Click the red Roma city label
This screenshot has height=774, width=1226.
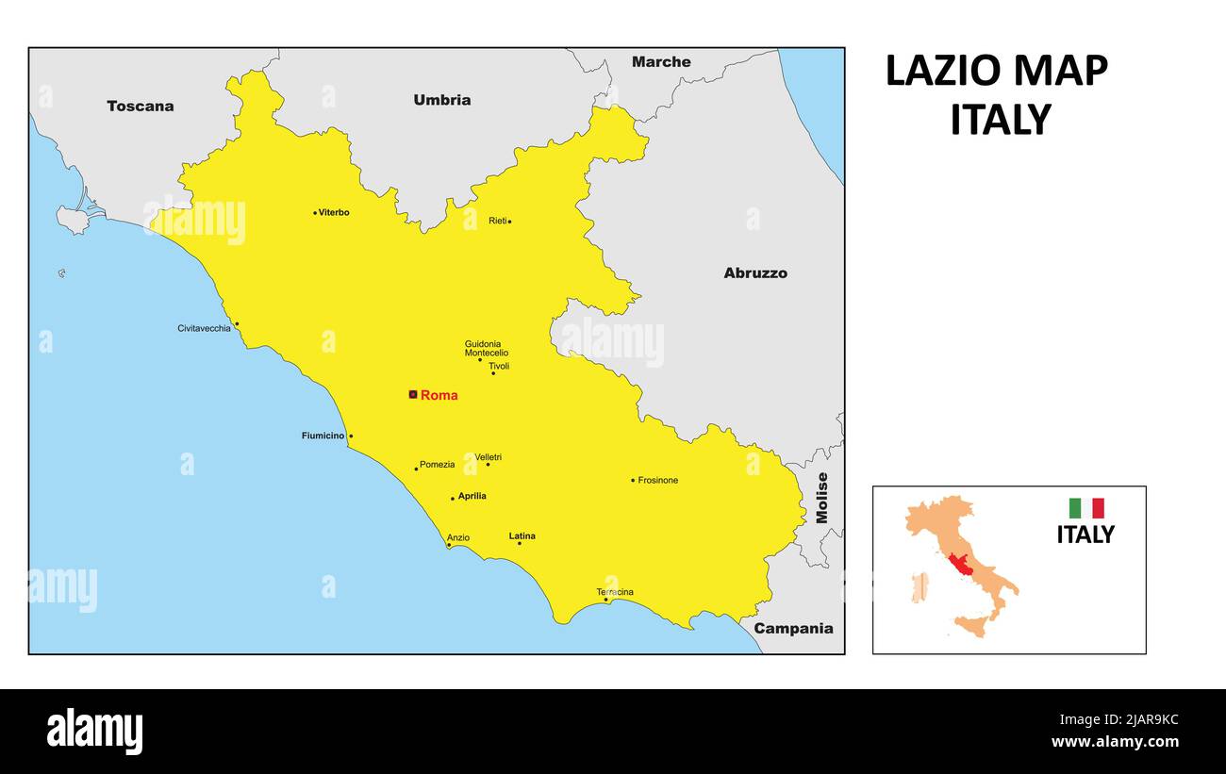pyautogui.click(x=439, y=396)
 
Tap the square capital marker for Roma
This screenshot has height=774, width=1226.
pyautogui.click(x=413, y=394)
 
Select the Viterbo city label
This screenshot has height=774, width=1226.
pyautogui.click(x=334, y=212)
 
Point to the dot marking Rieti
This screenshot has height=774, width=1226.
pyautogui.click(x=509, y=222)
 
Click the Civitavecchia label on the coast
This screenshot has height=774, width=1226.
pyautogui.click(x=204, y=328)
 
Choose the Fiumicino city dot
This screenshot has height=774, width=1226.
pyautogui.click(x=351, y=436)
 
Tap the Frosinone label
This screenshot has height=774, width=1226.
pyautogui.click(x=657, y=481)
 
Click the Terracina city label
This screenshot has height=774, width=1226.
pyautogui.click(x=615, y=592)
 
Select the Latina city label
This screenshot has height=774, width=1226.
pyautogui.click(x=522, y=536)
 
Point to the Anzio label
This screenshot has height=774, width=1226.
pyautogui.click(x=458, y=538)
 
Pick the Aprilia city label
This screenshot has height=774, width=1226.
pyautogui.click(x=472, y=496)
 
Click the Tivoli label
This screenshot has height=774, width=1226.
pyautogui.click(x=499, y=366)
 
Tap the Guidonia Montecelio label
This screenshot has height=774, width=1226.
pyautogui.click(x=486, y=349)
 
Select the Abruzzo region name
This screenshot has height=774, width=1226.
pyautogui.click(x=755, y=273)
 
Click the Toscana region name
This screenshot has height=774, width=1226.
pyautogui.click(x=141, y=106)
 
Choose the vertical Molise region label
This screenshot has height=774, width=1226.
pyautogui.click(x=821, y=498)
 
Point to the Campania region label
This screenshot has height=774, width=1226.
pyautogui.click(x=793, y=629)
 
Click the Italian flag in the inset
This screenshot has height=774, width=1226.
pyautogui.click(x=1085, y=508)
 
